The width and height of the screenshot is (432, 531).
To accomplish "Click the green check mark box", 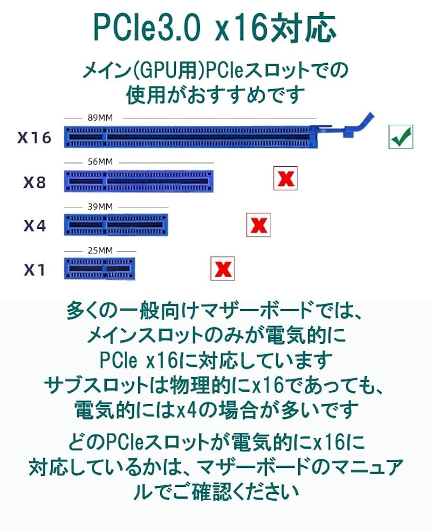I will (401, 137).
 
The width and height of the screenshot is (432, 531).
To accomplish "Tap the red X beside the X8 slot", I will (285, 178).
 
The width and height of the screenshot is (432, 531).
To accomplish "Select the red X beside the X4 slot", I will (258, 225).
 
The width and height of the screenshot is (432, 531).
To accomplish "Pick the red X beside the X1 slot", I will (223, 269).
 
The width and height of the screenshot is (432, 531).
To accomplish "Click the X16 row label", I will (34, 138).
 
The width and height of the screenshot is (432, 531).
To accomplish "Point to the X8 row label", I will (35, 183).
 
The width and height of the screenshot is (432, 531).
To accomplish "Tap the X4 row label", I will (35, 226).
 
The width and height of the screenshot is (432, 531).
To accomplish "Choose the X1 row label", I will (35, 270).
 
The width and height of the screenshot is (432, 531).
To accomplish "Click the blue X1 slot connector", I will (99, 269).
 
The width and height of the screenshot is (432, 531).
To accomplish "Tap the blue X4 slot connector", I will (116, 225).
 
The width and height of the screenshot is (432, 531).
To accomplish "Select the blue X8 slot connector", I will (139, 181).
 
